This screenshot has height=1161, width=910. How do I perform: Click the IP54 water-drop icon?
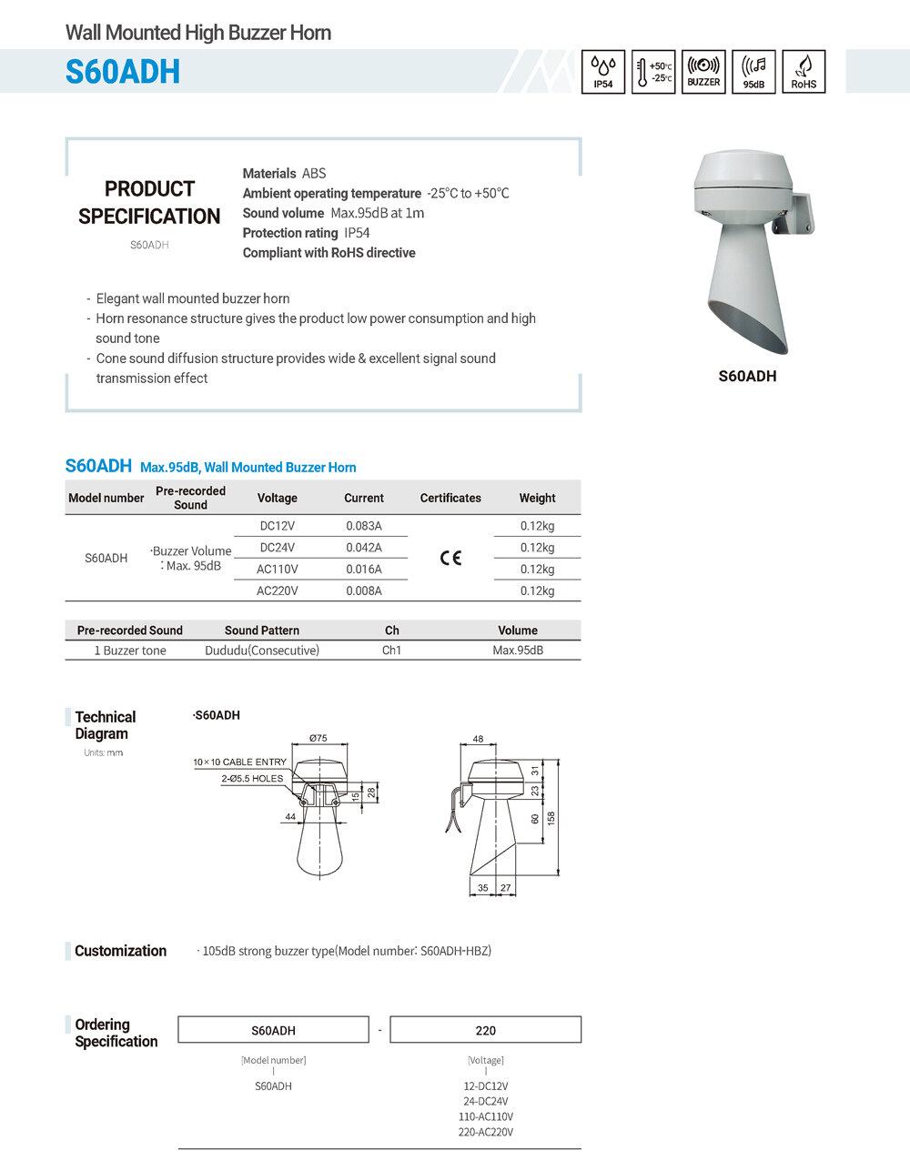coord(603,72)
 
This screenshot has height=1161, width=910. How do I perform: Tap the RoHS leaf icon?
coord(804,72)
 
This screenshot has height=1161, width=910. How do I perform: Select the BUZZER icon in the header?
coord(703,72)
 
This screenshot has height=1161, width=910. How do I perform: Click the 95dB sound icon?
coord(753,72)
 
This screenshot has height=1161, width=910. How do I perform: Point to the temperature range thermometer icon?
coord(653,72)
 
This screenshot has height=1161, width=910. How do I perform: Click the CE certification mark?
coord(450,558)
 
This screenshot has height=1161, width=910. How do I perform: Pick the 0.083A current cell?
coord(364,526)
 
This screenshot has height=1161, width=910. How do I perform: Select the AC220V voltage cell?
coord(278,591)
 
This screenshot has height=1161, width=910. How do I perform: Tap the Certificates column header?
coord(450,498)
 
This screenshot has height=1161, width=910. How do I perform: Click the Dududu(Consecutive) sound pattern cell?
coord(262,651)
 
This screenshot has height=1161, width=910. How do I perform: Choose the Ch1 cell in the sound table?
coord(392,651)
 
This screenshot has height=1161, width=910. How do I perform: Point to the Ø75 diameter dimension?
coord(318,738)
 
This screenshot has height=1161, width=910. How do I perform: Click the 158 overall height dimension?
coord(551,818)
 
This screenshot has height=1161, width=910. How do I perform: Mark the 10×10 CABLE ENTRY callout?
coord(239,762)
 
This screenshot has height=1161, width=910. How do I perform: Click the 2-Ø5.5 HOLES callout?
coord(252,779)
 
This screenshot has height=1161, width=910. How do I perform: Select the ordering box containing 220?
coord(486,1030)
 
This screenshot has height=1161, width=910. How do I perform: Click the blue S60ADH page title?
coord(123,72)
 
